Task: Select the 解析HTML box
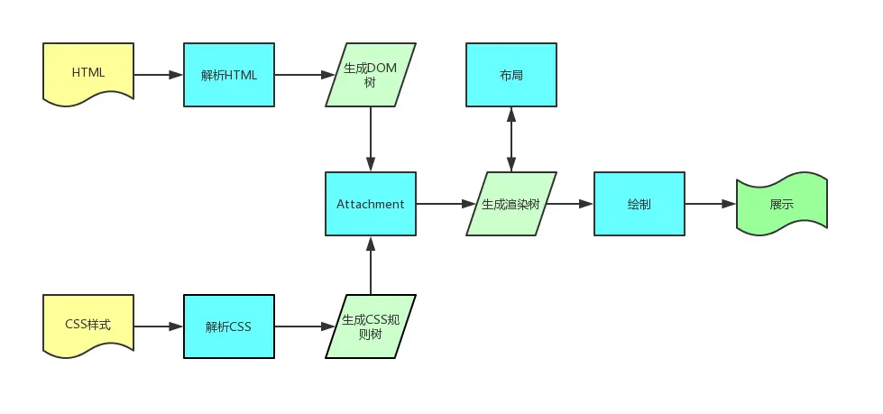tap(229, 75)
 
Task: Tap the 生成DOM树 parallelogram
tap(371, 75)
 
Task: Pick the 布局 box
tap(511, 75)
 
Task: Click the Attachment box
tap(371, 204)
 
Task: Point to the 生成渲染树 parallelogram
tap(510, 204)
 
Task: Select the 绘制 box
tap(639, 204)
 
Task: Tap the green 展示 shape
tap(781, 204)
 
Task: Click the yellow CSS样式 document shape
tap(88, 325)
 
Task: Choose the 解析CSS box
tap(229, 326)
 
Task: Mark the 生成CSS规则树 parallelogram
tap(371, 326)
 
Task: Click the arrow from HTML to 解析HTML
tap(158, 75)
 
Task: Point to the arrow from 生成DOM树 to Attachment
tap(371, 139)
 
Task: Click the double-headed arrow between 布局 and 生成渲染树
tap(511, 139)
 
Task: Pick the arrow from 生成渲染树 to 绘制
tap(570, 204)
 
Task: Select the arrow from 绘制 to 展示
tap(710, 204)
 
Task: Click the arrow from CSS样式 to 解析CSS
tap(158, 326)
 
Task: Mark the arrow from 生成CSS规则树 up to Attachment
tap(371, 265)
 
